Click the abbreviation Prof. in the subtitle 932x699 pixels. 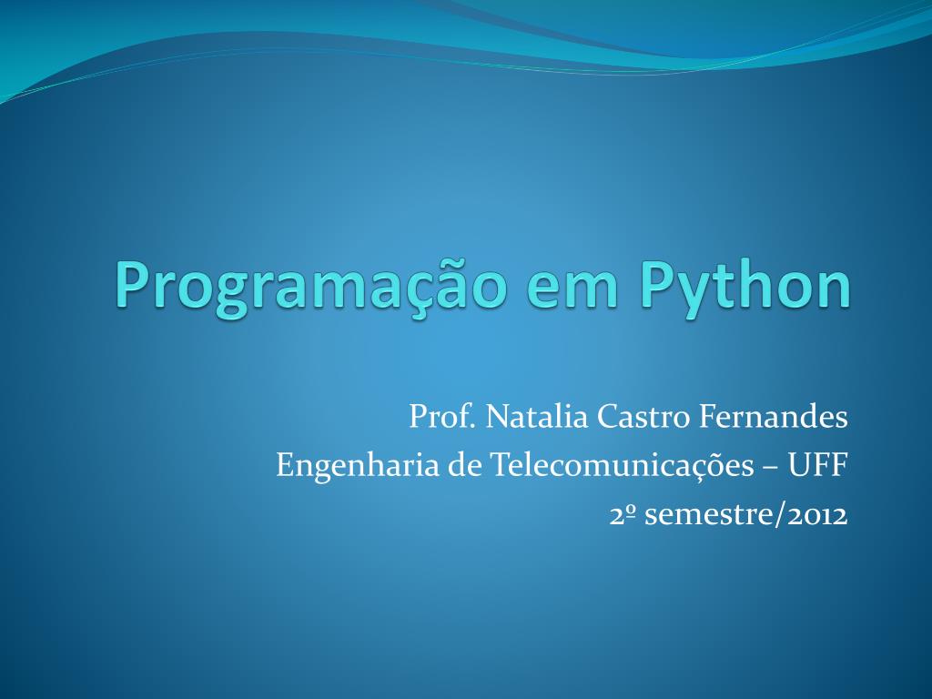point(441,417)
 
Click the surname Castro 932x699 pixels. point(643,417)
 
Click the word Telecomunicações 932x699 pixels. point(622,465)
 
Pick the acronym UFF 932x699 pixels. point(817,465)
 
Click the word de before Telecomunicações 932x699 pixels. point(464,465)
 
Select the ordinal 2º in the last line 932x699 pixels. point(622,515)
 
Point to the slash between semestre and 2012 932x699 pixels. point(778,514)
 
